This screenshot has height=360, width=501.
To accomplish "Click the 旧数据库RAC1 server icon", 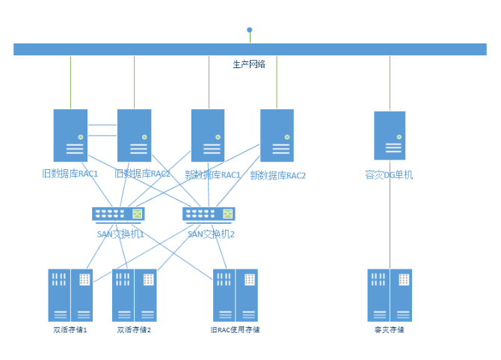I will point(70,135).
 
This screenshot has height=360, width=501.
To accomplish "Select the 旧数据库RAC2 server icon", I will point(134,135).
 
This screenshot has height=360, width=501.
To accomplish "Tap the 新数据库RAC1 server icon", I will point(207,135).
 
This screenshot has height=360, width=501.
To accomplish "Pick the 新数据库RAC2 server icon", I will point(277,135).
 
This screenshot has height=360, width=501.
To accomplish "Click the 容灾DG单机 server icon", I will point(390,135).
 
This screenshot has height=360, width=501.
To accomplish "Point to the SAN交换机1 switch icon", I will point(118,214).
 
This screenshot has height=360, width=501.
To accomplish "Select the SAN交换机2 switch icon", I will point(209,214).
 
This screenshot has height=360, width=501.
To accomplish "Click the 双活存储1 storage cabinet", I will point(70,295).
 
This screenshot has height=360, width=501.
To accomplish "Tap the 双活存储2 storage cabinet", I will point(135,295).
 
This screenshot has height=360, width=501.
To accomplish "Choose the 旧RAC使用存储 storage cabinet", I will point(236,295).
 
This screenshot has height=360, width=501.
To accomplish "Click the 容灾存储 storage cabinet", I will point(390,295).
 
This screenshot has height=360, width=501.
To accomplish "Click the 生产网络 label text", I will point(249,64).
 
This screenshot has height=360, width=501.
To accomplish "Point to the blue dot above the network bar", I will point(250,30).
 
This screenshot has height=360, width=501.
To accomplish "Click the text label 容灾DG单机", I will point(389,175).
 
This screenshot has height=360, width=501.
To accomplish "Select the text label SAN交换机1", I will point(120,234).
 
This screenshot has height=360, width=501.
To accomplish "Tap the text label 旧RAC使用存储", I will point(236,329).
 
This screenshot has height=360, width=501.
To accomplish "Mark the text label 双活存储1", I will point(70,329).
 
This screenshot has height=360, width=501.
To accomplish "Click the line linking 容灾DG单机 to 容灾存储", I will point(390,225).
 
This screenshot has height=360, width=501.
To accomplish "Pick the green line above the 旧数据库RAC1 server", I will point(71,82).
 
